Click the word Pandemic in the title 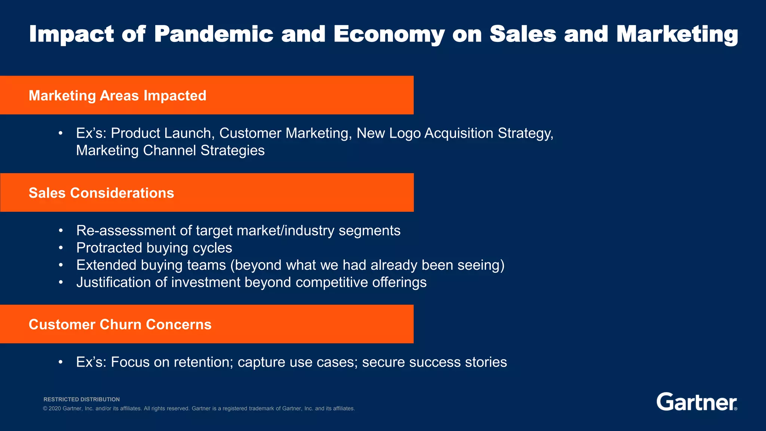(214, 34)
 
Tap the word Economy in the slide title (389, 34)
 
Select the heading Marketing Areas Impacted (117, 95)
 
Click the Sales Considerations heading (101, 193)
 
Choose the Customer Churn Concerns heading (120, 324)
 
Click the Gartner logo (696, 402)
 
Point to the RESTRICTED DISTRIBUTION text (82, 399)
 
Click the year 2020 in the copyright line (55, 409)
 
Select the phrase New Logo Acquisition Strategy (455, 133)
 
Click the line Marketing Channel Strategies (170, 150)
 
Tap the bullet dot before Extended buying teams (61, 265)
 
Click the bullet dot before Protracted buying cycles (61, 248)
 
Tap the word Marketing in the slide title (677, 34)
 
